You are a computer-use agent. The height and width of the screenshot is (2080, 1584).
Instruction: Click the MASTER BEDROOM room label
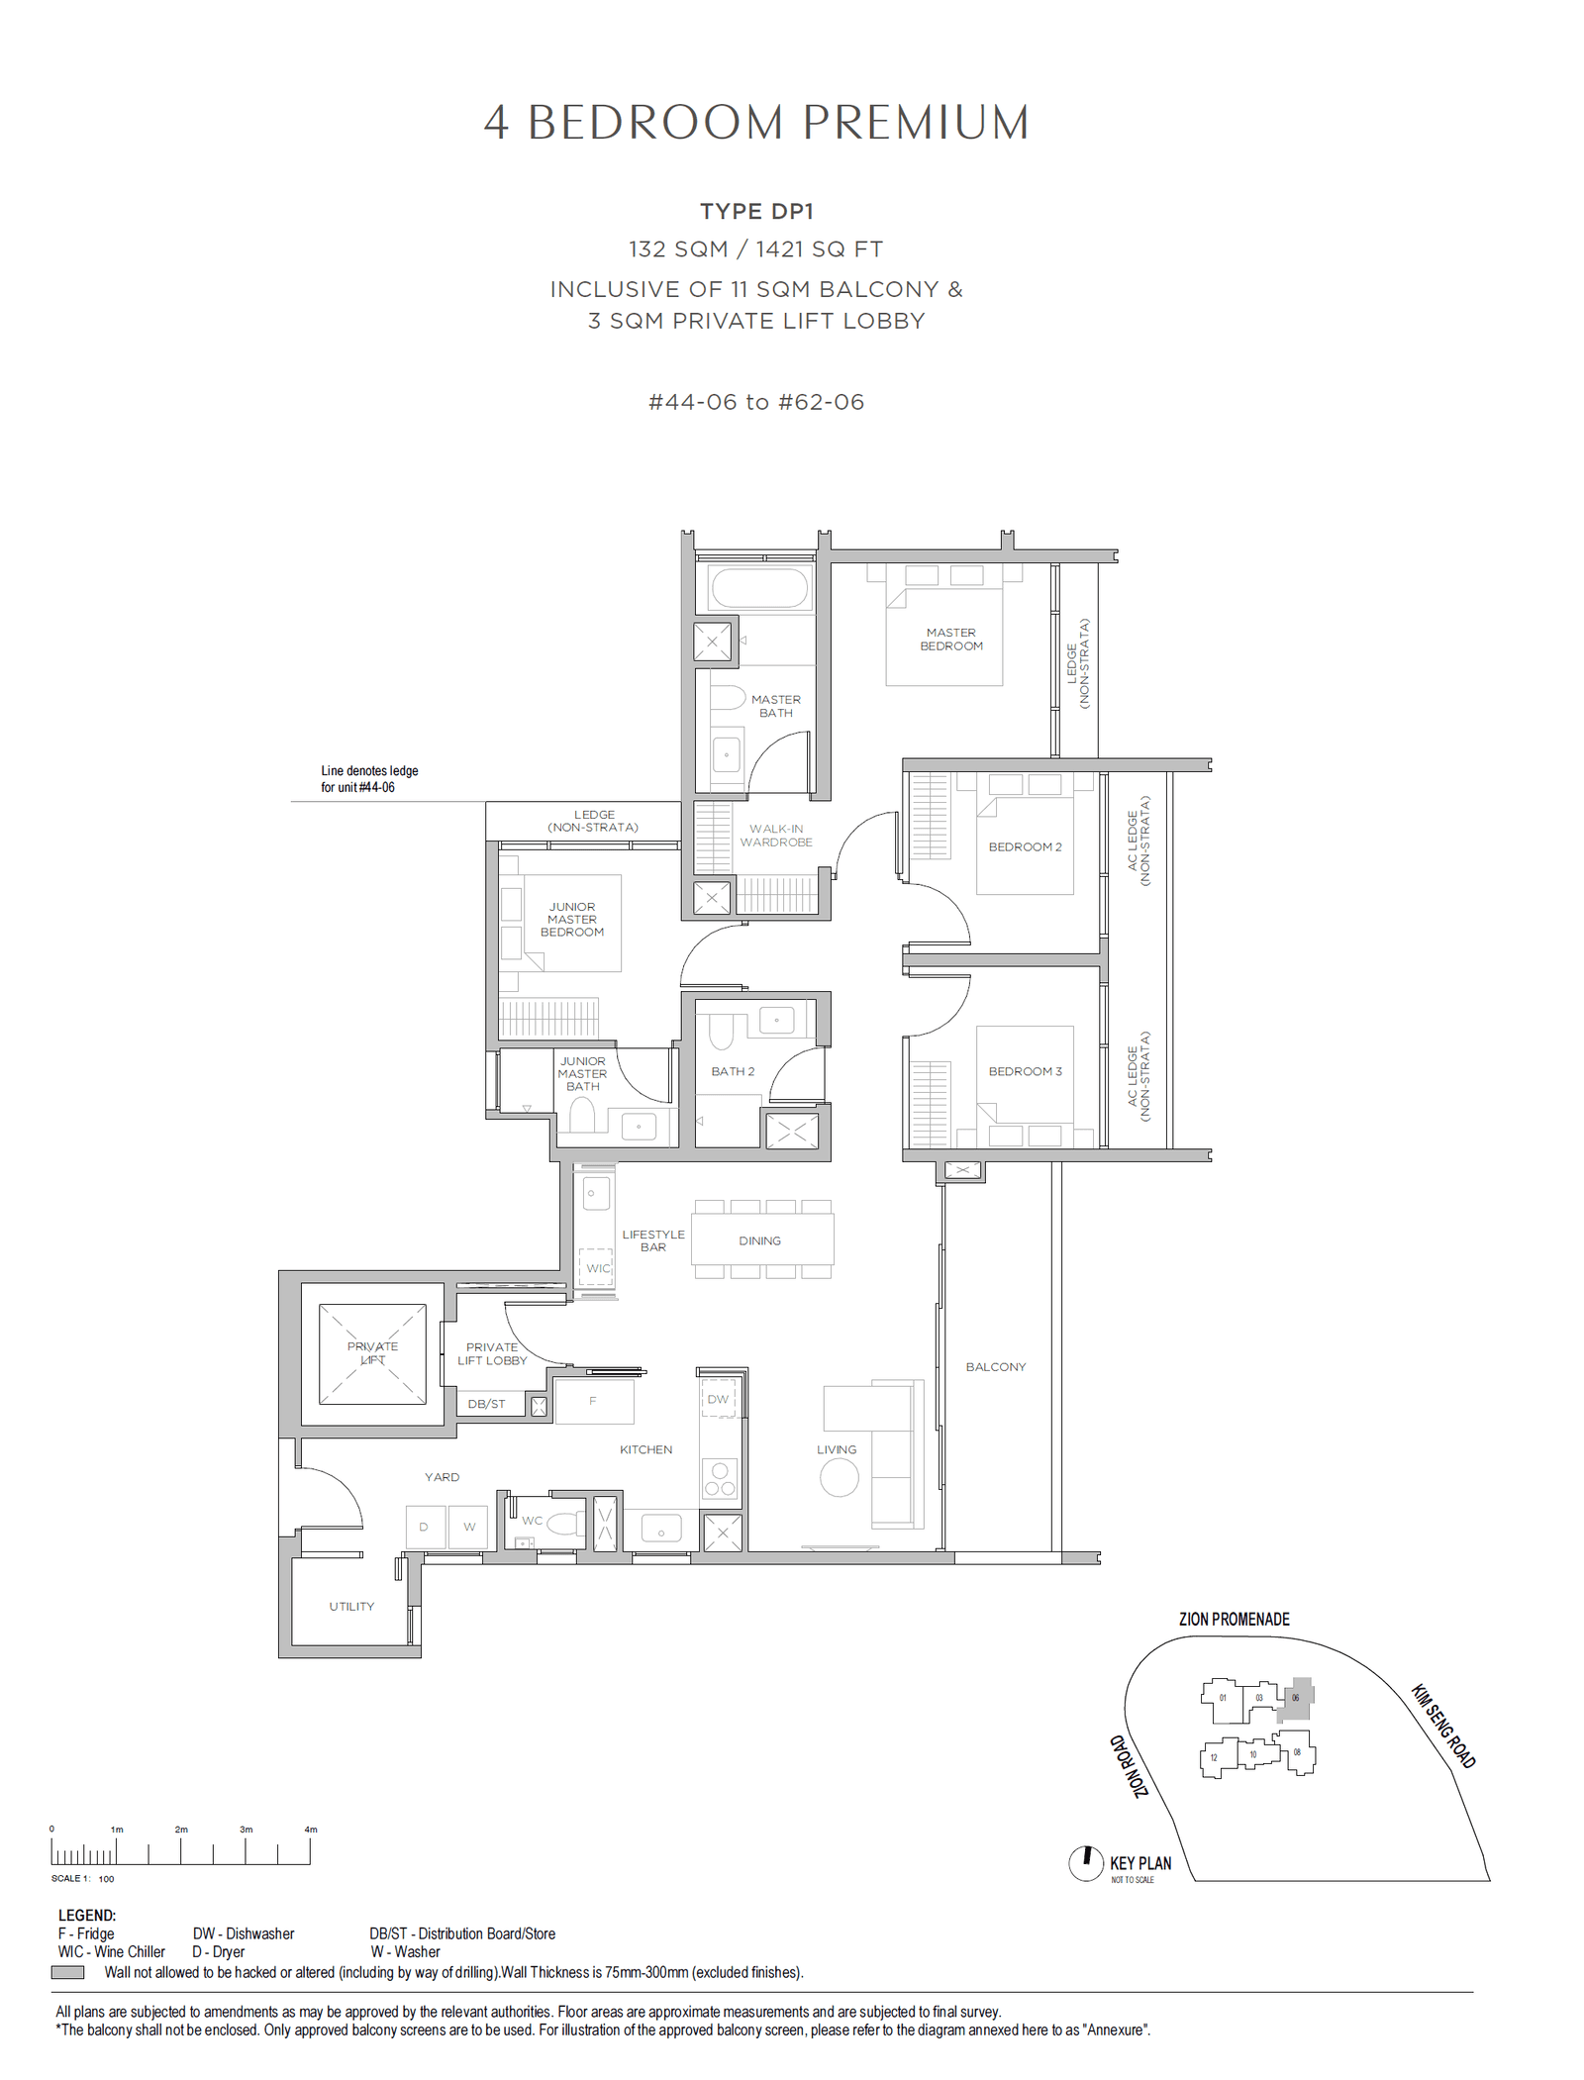pos(950,639)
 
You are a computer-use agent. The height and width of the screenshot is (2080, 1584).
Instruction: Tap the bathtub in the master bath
pos(758,588)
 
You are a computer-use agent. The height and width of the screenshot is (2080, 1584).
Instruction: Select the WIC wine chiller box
pos(596,1267)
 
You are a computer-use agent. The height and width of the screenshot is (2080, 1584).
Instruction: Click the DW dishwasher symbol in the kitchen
pos(719,1399)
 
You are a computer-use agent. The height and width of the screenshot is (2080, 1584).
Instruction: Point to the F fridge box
pos(594,1401)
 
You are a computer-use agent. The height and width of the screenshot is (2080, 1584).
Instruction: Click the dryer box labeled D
pos(425,1527)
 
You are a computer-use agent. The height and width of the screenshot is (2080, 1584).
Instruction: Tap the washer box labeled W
pos(469,1527)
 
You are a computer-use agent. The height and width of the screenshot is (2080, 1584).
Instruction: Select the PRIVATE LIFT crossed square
pos(372,1353)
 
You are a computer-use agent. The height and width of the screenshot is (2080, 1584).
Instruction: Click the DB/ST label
pos(486,1404)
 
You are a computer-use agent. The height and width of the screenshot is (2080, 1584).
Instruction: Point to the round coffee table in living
pos(839,1478)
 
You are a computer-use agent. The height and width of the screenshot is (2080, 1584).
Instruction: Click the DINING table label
pos(759,1240)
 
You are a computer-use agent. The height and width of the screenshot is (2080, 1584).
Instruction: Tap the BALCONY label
pos(995,1366)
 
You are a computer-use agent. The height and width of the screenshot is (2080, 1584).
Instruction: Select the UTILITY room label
pos(351,1606)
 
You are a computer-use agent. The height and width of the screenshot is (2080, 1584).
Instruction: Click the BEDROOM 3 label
pos(1025,1071)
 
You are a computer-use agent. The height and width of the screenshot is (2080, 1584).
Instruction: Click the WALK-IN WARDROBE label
pos(776,836)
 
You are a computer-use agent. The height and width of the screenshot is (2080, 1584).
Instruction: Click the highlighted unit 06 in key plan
pos(1297,1698)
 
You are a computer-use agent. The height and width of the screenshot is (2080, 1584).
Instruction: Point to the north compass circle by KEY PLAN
pos(1086,1863)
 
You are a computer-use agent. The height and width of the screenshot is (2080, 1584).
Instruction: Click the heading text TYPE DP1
pos(756,211)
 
